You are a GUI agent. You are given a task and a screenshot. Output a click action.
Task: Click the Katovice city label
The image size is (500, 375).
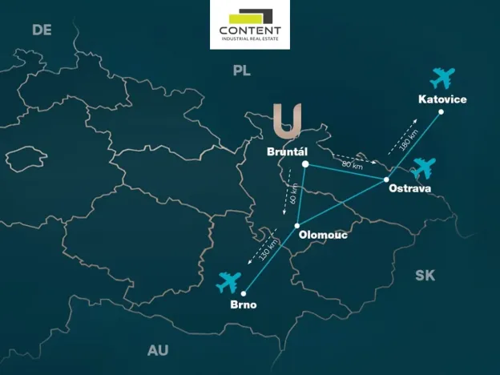coord(442,99)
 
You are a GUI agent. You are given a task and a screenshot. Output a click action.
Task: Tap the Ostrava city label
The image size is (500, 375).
coord(409,188)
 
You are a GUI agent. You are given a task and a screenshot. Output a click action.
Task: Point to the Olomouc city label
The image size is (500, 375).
coord(322,235)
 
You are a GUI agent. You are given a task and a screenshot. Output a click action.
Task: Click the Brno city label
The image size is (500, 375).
coord(244,304)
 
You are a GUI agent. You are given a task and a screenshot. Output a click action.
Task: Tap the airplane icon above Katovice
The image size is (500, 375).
coord(442,79)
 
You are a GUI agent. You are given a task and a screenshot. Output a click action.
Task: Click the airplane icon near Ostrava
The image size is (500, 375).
coord(423,168)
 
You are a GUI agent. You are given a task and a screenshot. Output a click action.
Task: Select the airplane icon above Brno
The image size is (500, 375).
coord(229,282)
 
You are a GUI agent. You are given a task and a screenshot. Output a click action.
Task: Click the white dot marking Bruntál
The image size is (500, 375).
coord(305,164)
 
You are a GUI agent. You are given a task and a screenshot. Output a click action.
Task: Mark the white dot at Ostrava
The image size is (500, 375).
coord(386,179)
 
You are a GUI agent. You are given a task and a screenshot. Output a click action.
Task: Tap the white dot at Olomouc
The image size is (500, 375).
coord(297,224)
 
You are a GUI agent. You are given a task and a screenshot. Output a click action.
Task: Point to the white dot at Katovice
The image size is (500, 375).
coord(441,111)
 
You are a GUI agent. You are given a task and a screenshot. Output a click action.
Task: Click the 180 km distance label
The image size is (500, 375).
coord(407,140)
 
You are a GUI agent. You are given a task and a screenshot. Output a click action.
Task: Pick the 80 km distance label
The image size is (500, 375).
coord(352,166)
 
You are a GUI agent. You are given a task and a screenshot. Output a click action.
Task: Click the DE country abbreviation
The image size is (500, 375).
coord(42,30)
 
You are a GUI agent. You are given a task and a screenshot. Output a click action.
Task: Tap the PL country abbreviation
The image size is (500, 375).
coord(241,71)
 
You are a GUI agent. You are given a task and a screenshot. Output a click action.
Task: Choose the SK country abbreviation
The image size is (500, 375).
coord(425,276)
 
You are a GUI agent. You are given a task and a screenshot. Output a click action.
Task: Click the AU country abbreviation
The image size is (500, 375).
coord(158,350)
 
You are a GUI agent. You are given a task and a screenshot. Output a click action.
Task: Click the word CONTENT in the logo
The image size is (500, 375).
coord(250,30)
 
